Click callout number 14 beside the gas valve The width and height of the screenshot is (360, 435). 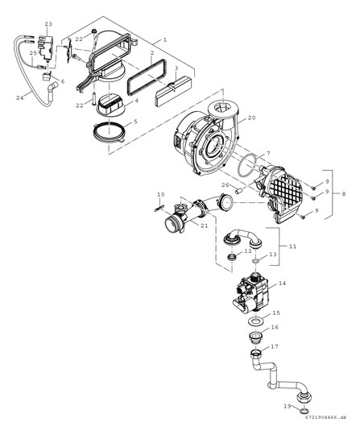(281, 284)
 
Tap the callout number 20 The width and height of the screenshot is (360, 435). (251, 118)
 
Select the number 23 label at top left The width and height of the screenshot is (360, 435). (48, 25)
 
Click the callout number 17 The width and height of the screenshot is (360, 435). (274, 346)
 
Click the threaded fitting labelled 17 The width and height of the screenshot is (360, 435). (256, 352)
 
